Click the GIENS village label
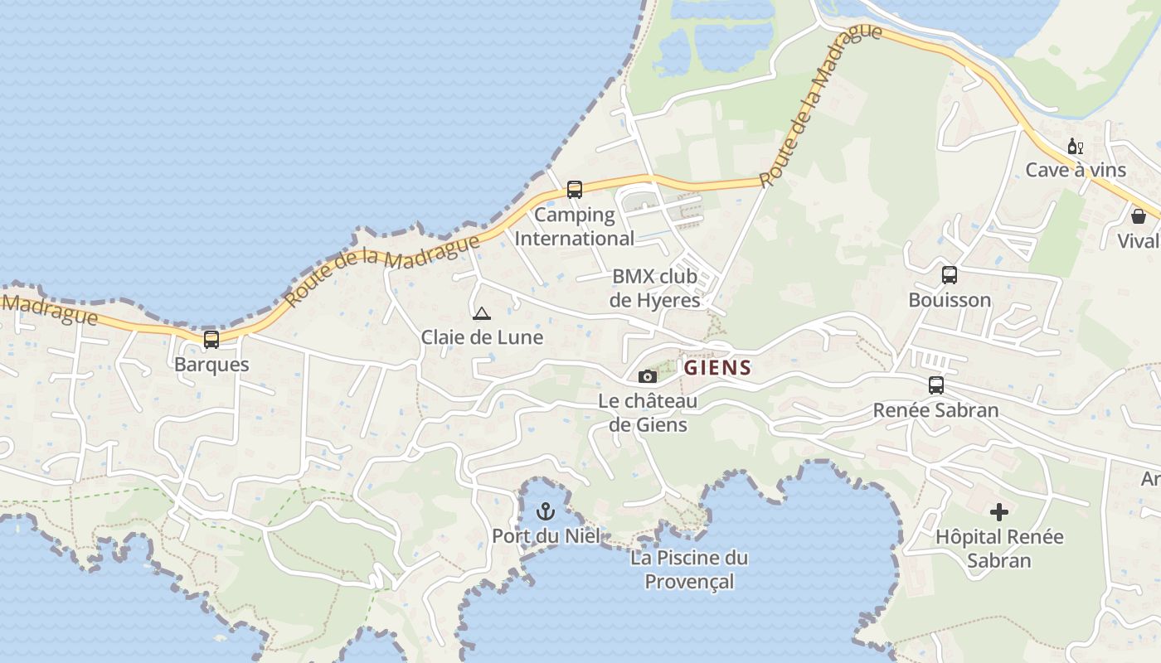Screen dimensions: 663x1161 point(717,368)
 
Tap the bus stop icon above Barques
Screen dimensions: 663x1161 point(211,339)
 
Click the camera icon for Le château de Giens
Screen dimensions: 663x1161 point(648,377)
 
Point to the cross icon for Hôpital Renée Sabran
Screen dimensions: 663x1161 point(999,512)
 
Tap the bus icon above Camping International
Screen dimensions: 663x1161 point(575,190)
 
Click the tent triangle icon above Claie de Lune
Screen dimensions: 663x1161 point(481,314)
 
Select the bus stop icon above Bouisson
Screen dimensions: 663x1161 point(950,275)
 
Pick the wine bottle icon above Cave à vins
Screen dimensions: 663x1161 point(1075,147)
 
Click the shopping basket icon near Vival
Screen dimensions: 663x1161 point(1139,216)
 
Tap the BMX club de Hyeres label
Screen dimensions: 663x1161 point(655,288)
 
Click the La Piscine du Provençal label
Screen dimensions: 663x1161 point(689,569)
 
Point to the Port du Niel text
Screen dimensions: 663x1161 point(546,535)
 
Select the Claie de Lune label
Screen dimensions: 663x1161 point(482,337)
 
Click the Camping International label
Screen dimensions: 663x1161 point(575,226)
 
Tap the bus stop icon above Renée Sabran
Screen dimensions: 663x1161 point(936,385)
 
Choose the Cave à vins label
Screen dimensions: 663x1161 point(1076,170)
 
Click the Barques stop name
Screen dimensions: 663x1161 point(211,365)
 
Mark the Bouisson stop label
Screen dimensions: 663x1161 point(950,300)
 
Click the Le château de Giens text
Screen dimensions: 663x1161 point(648,413)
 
